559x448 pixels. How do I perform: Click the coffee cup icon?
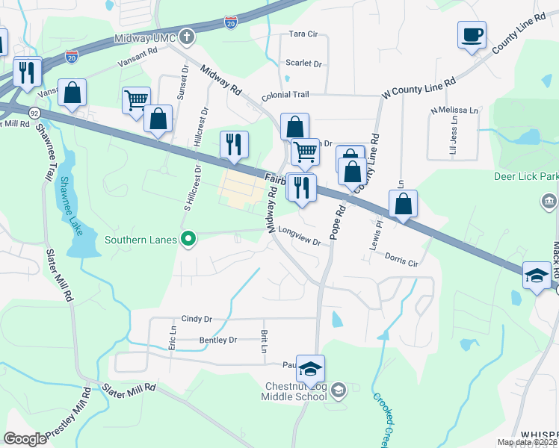[472, 35]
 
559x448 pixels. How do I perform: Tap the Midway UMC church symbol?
[187, 37]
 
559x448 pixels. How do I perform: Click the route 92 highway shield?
[34, 112]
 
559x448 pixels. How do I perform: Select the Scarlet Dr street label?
[303, 63]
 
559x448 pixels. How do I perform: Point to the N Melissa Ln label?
[454, 111]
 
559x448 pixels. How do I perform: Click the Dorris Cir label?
[402, 261]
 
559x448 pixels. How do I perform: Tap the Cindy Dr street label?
[197, 319]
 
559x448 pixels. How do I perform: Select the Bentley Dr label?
[217, 340]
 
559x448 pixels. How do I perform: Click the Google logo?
[25, 439]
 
